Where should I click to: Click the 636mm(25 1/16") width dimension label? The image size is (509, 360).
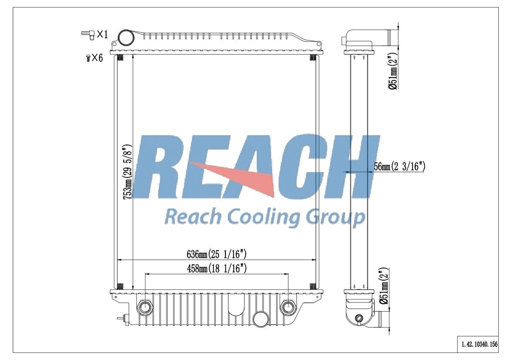(216, 254)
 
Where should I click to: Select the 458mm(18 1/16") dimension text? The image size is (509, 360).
(216, 269)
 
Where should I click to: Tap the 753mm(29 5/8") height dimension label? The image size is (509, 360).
(127, 172)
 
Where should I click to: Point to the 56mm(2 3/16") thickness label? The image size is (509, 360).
(399, 167)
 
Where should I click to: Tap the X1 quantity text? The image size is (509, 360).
(102, 34)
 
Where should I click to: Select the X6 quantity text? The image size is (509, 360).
(97, 58)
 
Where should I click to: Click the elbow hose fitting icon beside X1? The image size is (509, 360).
(88, 35)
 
